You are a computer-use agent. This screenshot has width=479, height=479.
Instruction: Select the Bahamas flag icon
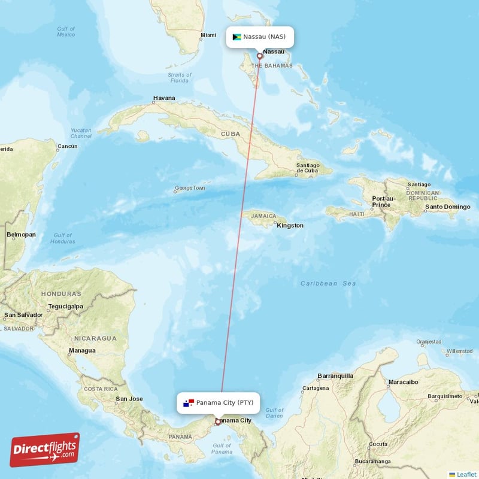[237, 37]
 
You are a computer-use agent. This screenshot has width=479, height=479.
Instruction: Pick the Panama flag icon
[189, 402]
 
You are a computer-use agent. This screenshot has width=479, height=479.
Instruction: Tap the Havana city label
[164, 98]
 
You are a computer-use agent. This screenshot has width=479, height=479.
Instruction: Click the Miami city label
[208, 35]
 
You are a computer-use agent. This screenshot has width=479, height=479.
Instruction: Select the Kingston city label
[290, 226]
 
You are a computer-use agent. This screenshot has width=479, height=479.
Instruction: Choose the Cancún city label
[67, 146]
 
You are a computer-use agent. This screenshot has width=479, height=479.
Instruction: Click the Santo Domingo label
[447, 207]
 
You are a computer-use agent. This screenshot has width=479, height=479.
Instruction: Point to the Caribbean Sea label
[328, 283]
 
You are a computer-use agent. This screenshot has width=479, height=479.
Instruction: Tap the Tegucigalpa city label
[66, 307]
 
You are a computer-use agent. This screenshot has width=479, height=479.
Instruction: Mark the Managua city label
[82, 350]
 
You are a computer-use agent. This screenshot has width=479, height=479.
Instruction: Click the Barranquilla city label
[335, 376]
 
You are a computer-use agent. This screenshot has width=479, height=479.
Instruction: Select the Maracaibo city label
[403, 381]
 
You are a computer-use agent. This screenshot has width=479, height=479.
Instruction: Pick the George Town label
[189, 188]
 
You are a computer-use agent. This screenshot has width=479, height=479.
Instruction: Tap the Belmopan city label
[21, 235]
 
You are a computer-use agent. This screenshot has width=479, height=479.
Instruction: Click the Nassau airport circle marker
[259, 57]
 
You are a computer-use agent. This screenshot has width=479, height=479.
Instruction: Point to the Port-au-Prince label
[384, 202]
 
